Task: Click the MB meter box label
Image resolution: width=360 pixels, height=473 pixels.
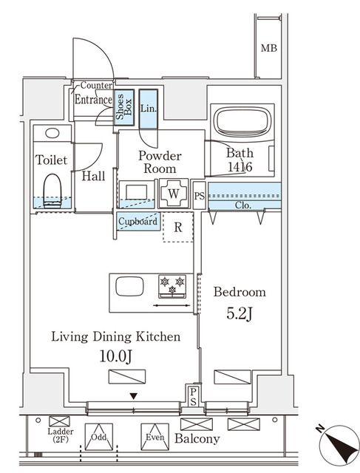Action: point(268,48)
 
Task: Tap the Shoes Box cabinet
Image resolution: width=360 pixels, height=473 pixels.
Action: point(124,107)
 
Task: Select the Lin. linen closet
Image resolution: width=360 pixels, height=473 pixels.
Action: point(148,109)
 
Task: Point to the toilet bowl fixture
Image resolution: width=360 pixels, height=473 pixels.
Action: point(52,191)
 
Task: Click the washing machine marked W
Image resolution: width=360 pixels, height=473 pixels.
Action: point(174,194)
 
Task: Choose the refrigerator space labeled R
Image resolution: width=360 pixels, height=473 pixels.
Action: point(177,227)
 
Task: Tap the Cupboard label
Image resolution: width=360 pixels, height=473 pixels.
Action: point(138,222)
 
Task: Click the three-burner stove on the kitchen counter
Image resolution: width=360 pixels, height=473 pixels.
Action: point(172,286)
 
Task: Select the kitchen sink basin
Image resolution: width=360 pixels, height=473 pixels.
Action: point(129,286)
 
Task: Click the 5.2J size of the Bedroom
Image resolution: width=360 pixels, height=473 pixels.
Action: point(240,314)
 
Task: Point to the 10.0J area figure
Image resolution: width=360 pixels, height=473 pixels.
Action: point(115,356)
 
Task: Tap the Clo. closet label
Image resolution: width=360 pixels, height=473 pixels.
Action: point(243,205)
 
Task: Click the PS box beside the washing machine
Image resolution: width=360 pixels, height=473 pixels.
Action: point(199,195)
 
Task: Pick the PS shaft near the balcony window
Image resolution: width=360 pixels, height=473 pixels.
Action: point(193,395)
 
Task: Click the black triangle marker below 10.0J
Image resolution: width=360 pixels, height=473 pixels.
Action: point(134,396)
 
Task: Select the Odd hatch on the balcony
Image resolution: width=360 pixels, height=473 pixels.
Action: point(98,437)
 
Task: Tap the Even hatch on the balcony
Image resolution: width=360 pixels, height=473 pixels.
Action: point(154,437)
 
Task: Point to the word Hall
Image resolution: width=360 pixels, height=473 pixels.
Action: point(93,176)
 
